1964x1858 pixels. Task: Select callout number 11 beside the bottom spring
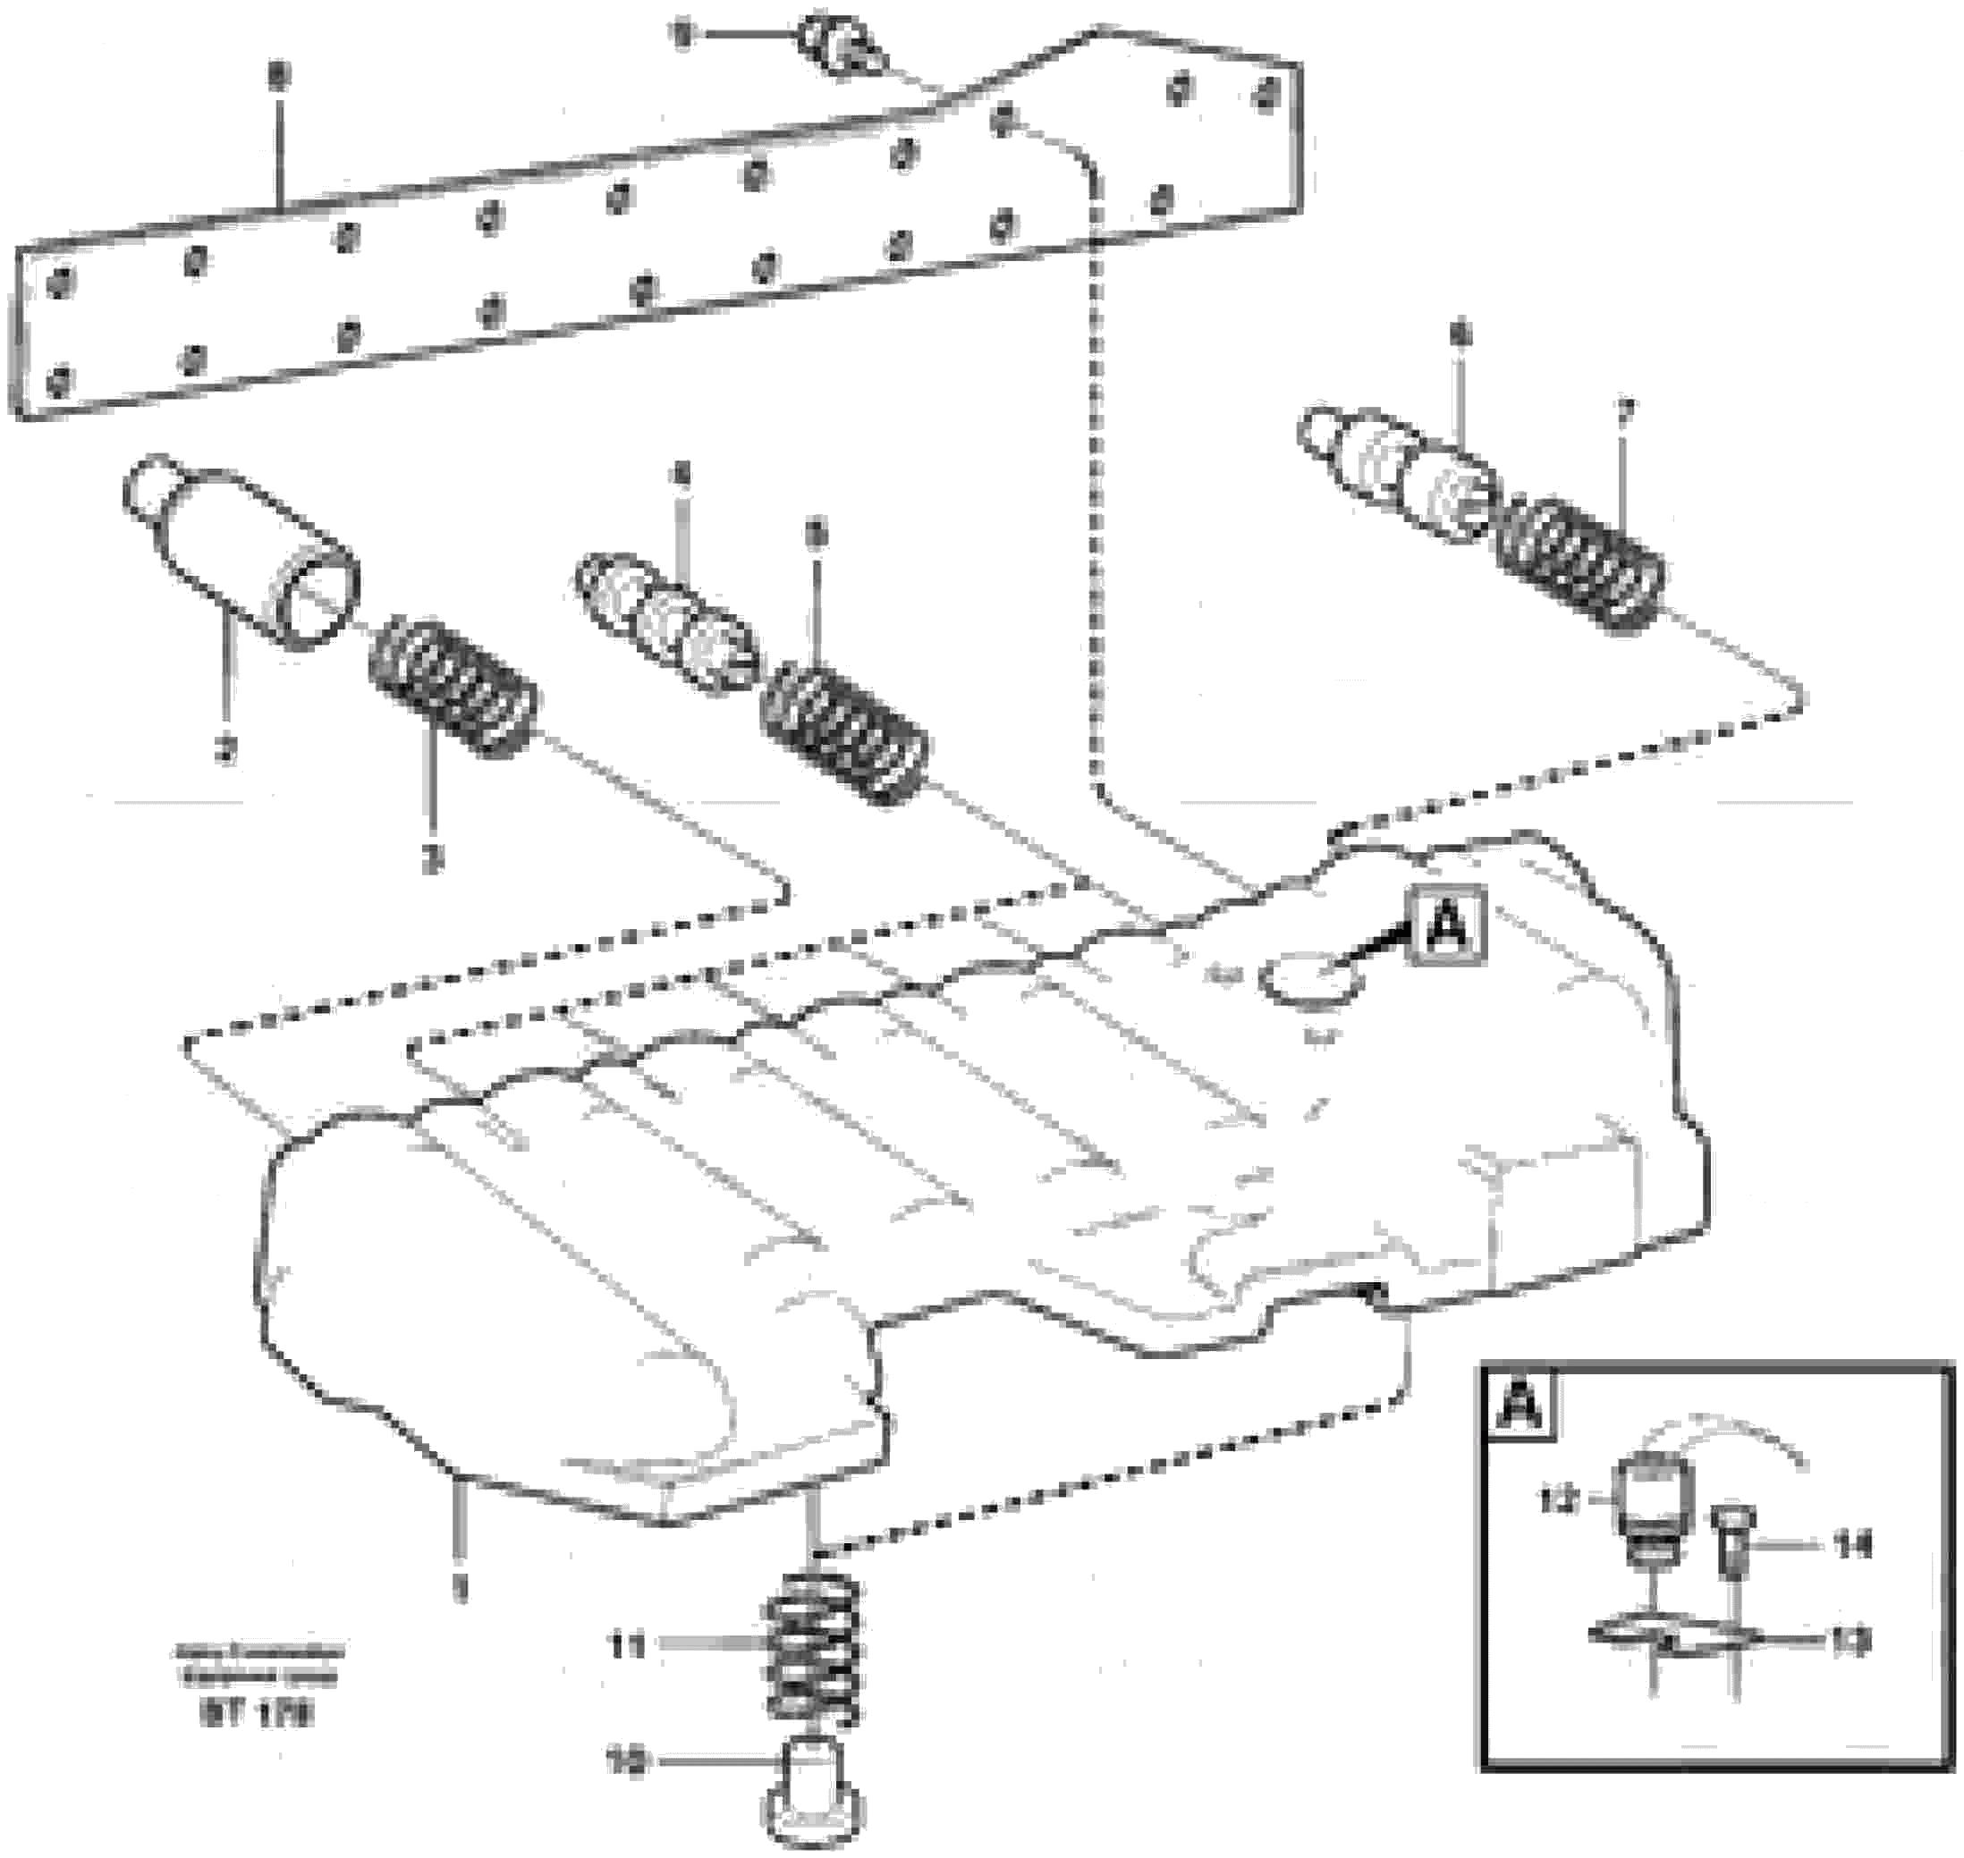point(627,1646)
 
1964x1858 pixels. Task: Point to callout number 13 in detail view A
point(1851,1644)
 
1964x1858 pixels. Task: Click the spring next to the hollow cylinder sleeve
point(453,686)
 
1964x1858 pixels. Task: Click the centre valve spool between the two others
point(665,622)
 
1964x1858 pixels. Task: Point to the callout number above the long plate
point(278,77)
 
